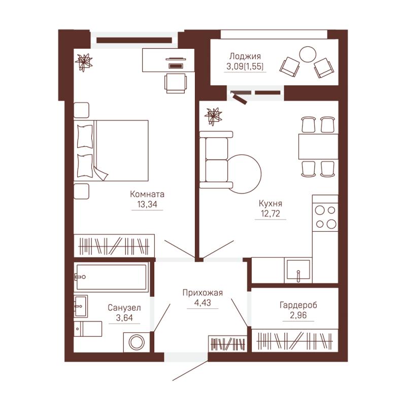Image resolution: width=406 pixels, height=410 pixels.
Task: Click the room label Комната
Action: coord(147,194)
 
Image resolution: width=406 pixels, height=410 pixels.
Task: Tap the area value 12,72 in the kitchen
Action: coord(270,213)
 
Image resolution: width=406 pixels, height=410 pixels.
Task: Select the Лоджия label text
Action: coord(245,56)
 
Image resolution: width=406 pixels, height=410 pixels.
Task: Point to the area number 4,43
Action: coord(202,302)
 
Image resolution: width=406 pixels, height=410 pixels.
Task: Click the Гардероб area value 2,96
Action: coord(298,315)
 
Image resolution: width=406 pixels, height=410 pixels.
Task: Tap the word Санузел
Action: coord(124,307)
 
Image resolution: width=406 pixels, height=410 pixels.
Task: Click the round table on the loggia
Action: coord(308,55)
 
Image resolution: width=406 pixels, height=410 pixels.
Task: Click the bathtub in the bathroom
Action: coord(111,277)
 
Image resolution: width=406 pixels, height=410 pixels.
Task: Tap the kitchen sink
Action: coord(298,270)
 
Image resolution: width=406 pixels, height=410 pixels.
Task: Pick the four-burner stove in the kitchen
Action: coord(325,217)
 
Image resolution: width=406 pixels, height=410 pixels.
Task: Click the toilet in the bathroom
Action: coord(88,329)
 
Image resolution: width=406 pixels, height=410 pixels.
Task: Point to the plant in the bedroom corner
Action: coord(84,62)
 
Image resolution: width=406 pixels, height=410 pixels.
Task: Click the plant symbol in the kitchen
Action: coord(213,117)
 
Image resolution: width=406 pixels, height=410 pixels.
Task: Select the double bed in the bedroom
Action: coord(111,150)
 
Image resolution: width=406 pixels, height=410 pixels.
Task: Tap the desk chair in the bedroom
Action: coord(176,83)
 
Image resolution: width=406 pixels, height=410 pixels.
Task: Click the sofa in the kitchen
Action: coord(216,160)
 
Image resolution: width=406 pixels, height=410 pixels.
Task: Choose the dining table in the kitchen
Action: coord(318,146)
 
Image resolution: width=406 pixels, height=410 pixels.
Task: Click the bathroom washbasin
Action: coord(81,306)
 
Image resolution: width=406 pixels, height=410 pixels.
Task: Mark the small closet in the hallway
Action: coord(228,343)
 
